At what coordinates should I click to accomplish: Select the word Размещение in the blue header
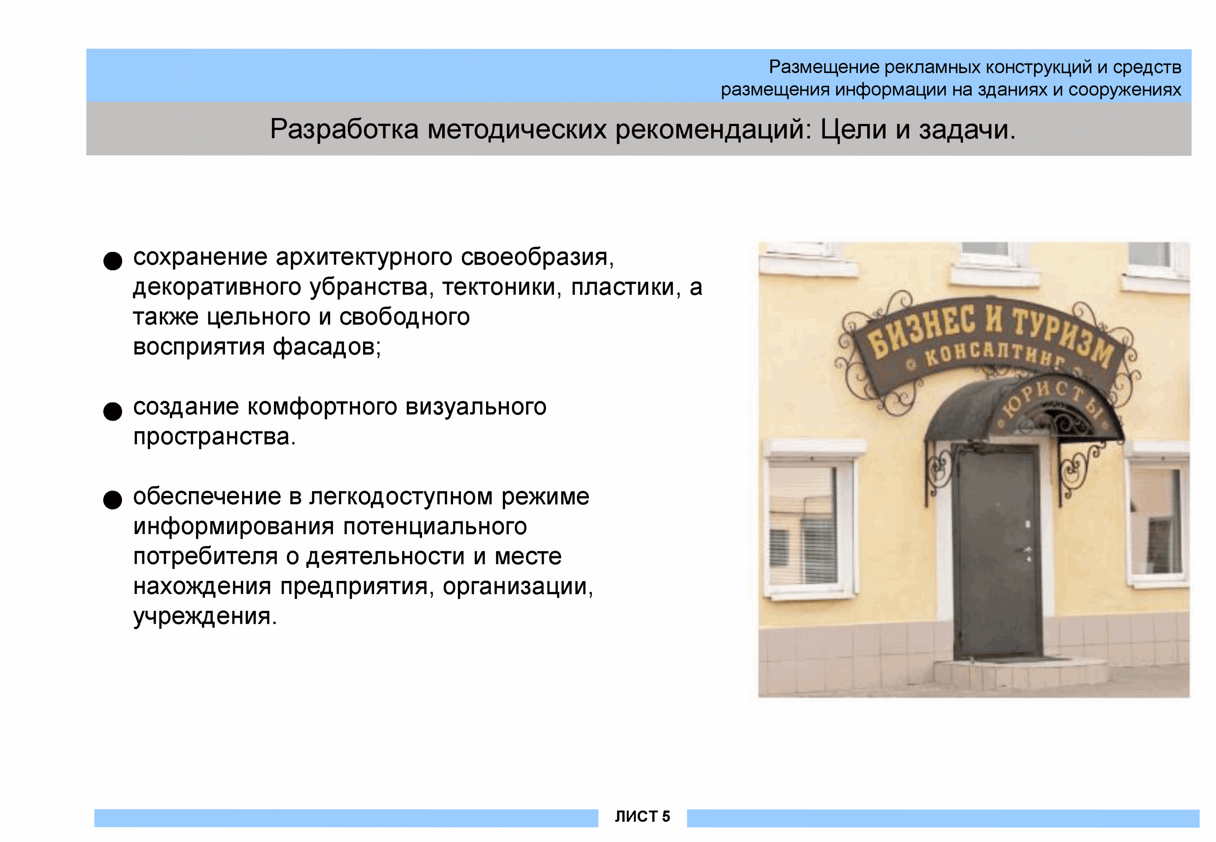(x=824, y=67)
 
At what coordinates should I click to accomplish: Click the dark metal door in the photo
(x=998, y=551)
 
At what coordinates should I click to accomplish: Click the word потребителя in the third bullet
(x=205, y=556)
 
